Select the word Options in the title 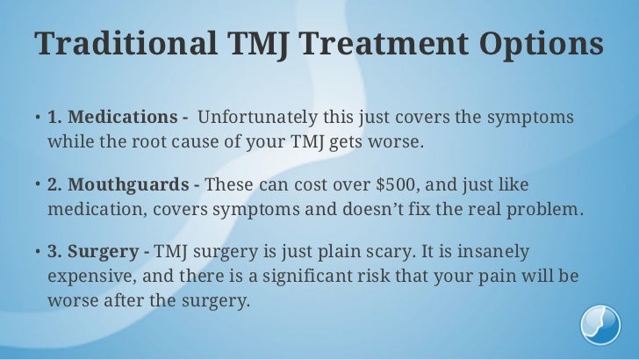(x=545, y=45)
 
